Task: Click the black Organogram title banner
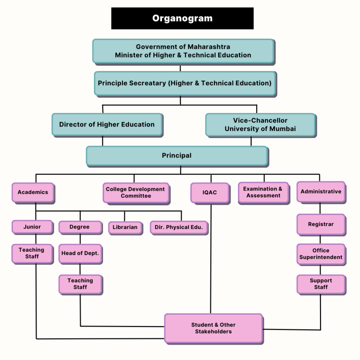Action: point(182,18)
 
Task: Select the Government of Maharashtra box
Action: point(183,51)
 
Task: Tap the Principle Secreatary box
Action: point(185,83)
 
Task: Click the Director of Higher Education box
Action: point(107,124)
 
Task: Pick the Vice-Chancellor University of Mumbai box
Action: point(260,125)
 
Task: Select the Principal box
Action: point(176,156)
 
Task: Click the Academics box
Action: point(33,192)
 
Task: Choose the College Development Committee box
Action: point(136,193)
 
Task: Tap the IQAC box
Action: point(210,193)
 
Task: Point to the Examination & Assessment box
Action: point(263,192)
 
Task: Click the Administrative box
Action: point(321,192)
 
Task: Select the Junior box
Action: point(32,227)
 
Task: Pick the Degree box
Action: point(79,227)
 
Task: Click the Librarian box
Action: point(125,227)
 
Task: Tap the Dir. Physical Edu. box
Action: point(179,227)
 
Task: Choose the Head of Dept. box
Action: point(80,253)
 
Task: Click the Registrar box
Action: point(321,224)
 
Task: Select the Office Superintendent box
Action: point(321,254)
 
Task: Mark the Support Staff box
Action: point(321,284)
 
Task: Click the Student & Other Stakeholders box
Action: point(213,328)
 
